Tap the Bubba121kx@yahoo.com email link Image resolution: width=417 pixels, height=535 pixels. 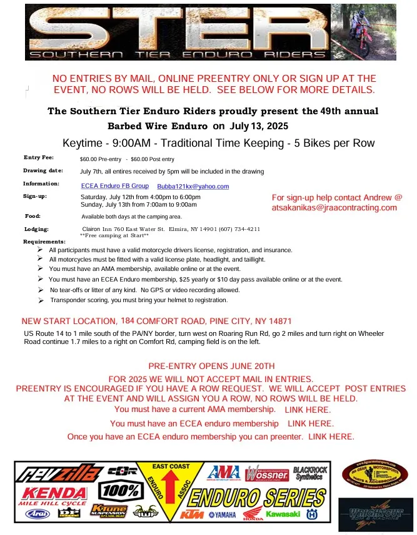point(193,186)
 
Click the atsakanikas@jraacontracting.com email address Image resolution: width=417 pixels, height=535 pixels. point(334,208)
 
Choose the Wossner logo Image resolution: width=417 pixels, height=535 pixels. point(267,474)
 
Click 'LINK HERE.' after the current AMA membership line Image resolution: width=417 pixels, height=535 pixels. point(308,410)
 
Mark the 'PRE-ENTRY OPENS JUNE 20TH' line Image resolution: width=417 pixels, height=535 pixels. point(211,366)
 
